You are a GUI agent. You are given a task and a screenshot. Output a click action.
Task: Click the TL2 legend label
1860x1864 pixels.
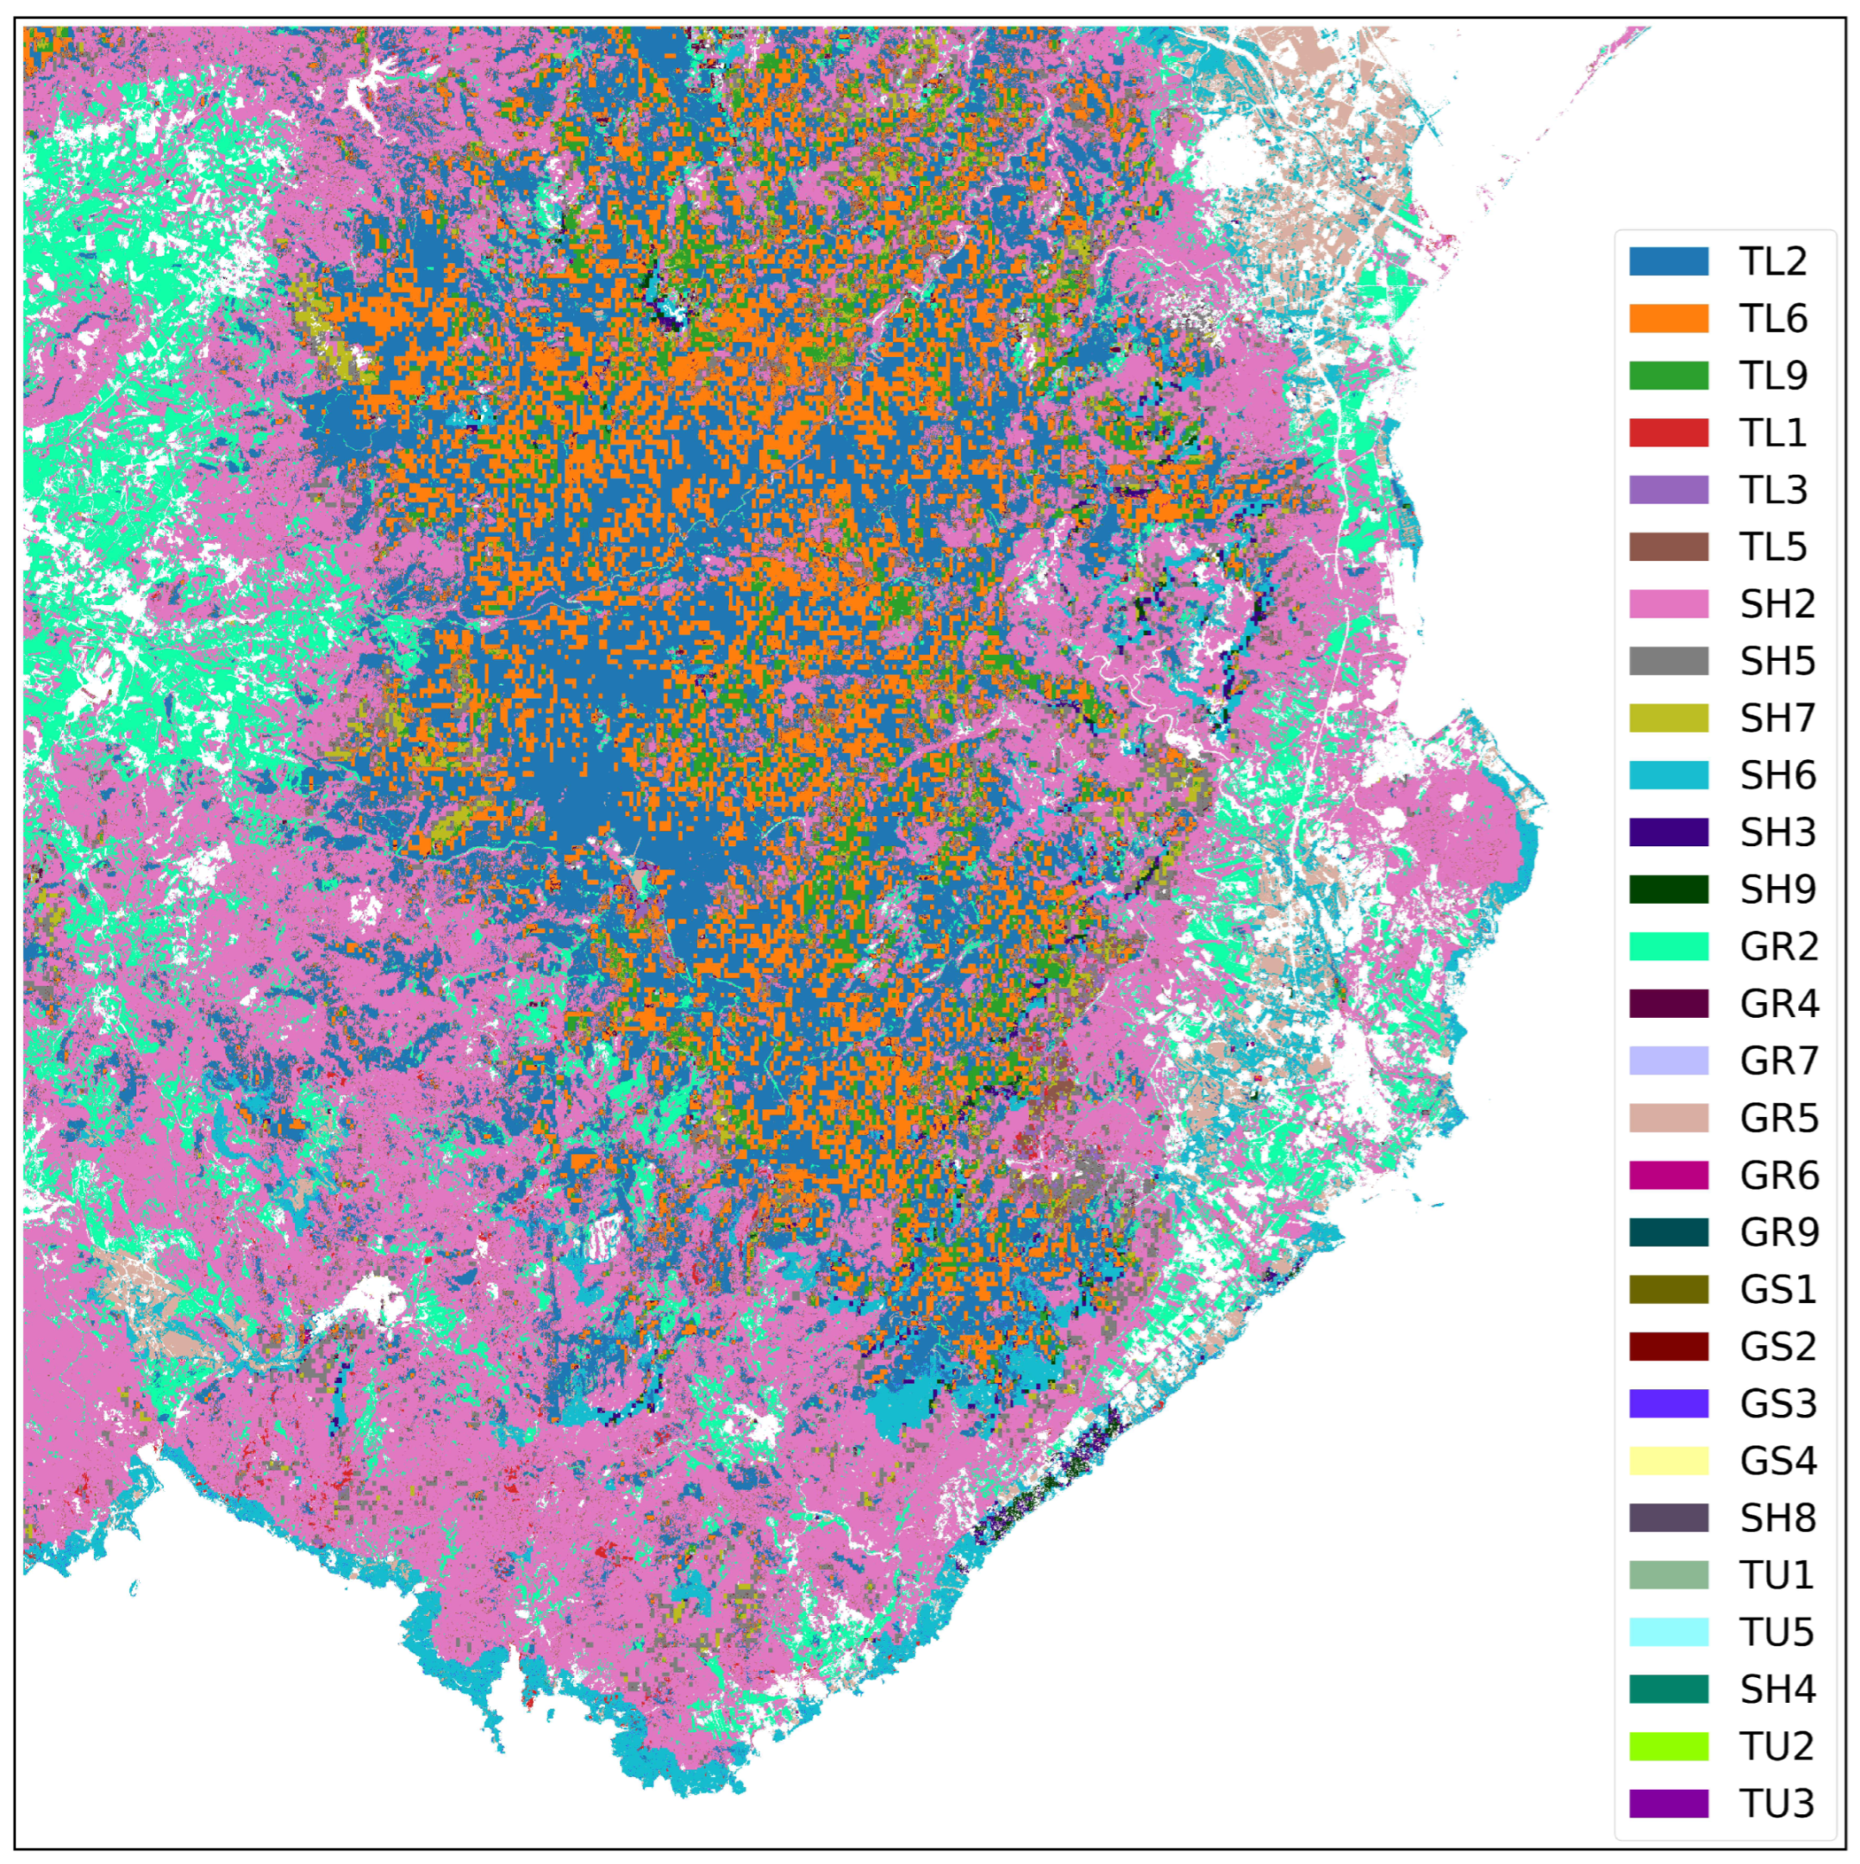1772,261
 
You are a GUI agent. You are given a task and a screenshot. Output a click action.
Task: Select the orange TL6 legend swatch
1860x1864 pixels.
1668,318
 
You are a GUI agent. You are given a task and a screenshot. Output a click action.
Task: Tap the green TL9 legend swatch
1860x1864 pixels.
1668,376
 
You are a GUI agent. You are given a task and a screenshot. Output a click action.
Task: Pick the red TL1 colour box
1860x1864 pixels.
1668,433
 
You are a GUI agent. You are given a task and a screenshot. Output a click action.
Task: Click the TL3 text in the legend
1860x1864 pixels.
1772,490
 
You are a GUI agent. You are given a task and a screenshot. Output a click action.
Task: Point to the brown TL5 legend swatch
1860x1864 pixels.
1668,547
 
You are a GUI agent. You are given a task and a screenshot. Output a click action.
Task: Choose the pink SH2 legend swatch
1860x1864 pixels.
1668,604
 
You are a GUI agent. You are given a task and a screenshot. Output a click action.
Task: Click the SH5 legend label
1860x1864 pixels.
1777,661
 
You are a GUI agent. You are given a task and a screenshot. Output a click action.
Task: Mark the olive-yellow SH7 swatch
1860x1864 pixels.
1668,718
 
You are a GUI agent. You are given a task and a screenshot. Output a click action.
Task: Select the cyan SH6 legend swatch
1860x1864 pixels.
1668,775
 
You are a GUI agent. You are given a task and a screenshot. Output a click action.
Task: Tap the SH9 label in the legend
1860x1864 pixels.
1777,889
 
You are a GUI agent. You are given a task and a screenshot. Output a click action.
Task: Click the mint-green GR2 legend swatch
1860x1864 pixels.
1668,946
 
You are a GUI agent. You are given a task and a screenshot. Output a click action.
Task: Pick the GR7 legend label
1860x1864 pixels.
1778,1060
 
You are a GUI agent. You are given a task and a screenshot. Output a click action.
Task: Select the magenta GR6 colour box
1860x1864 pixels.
1668,1175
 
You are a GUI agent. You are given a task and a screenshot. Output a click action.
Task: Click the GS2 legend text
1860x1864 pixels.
1777,1346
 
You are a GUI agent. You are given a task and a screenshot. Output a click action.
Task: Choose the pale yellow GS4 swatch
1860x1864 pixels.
1668,1461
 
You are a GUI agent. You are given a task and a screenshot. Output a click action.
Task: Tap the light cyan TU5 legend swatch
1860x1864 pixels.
1668,1632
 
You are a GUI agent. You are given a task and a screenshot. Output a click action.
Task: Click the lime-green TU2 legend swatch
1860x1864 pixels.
1668,1746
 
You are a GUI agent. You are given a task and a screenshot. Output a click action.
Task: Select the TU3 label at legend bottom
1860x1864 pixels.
1776,1803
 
